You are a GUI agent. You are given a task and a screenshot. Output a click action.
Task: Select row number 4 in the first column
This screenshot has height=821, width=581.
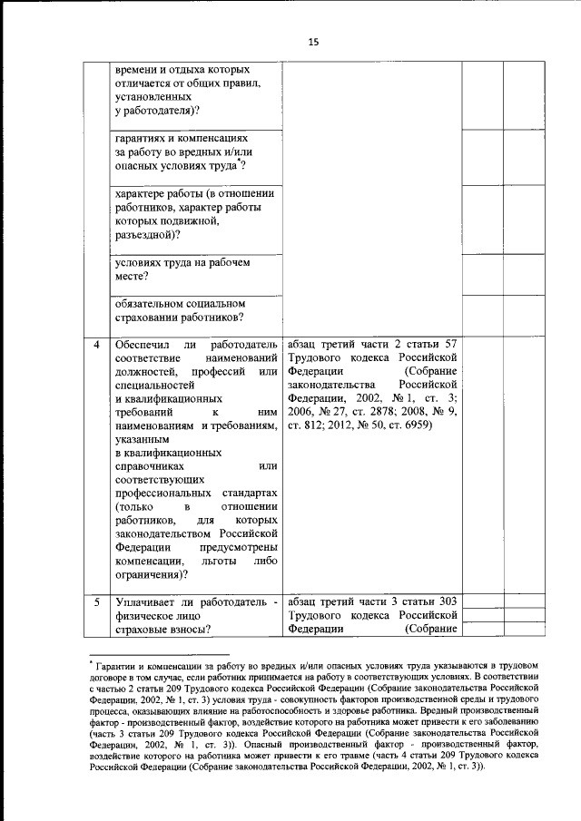click(x=97, y=345)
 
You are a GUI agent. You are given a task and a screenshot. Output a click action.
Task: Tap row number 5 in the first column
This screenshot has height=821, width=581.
click(x=97, y=601)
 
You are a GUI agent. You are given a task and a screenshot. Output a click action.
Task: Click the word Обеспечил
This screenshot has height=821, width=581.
click(x=143, y=345)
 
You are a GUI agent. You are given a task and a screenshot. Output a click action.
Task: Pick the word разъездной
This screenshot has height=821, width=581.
click(x=147, y=234)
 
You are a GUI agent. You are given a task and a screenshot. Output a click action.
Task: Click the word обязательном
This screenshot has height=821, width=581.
click(x=155, y=303)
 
